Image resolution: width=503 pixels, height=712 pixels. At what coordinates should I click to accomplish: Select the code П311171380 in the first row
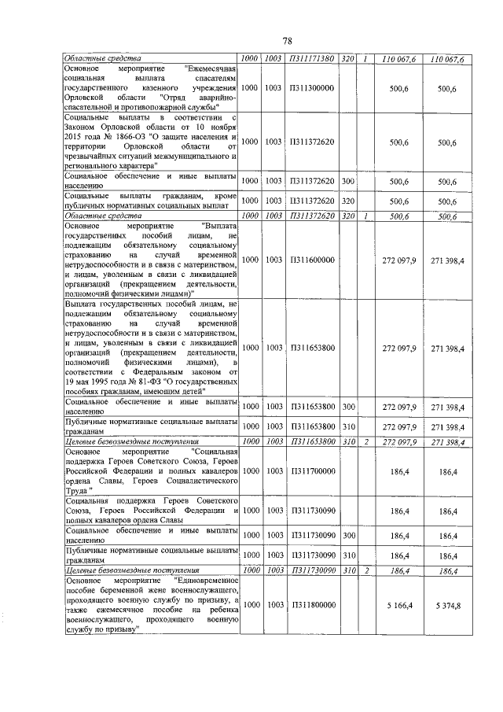(x=312, y=58)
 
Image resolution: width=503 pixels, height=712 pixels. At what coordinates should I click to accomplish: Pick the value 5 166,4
(x=400, y=604)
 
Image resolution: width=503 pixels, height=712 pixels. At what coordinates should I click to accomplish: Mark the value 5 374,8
(x=450, y=604)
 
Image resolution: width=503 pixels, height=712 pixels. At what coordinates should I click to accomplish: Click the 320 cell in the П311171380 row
(x=348, y=58)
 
